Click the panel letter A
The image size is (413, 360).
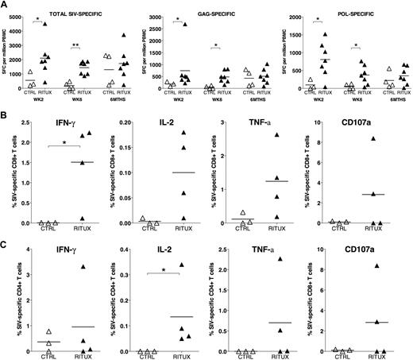pos(5,6)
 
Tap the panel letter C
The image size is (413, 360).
pos(5,244)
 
